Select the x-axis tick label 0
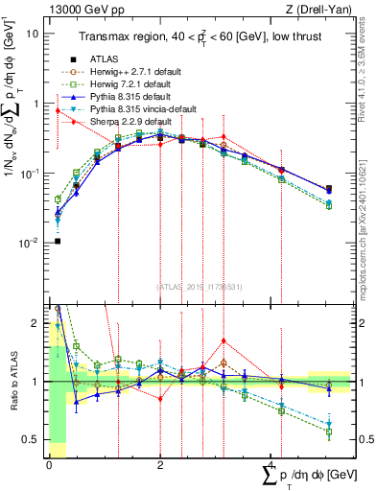coord(49,464)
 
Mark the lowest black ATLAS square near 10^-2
coord(58,241)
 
